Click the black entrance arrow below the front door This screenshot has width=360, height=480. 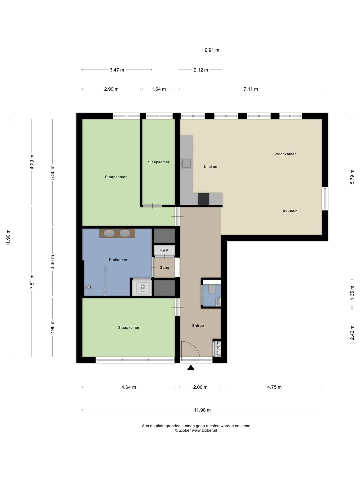191,368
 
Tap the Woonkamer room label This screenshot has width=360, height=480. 285,154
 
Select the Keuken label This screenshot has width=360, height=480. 210,167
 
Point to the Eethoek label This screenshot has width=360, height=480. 290,210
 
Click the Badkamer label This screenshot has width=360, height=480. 118,260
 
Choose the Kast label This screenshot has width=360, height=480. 164,250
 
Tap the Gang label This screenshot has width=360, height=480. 164,267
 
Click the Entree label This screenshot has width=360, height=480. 198,326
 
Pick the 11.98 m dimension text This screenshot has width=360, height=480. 202,410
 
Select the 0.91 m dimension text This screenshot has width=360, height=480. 212,50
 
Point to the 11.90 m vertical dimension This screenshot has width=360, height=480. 8,238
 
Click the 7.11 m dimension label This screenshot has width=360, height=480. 250,89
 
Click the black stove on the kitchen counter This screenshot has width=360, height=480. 203,199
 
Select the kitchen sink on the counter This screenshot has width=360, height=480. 186,163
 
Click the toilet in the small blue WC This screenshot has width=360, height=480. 212,289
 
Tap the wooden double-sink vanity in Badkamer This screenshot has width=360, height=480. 117,233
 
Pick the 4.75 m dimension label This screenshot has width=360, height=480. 274,387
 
